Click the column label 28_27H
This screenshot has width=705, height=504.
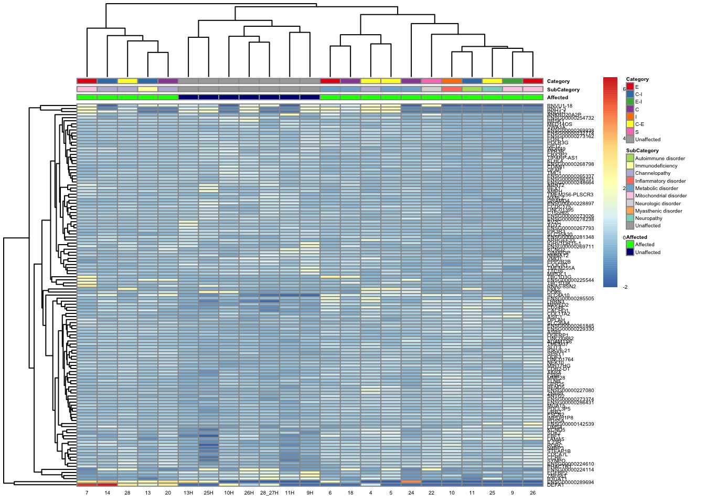[269, 493]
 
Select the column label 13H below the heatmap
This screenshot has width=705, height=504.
[188, 493]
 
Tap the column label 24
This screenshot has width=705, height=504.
[411, 493]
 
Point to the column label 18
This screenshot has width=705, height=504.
[350, 493]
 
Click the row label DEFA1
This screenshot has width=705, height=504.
[556, 485]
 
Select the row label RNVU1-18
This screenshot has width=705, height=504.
[560, 106]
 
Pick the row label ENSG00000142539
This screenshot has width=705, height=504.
[571, 424]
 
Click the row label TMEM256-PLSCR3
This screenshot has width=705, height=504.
[570, 195]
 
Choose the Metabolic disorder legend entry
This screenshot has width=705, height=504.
[656, 188]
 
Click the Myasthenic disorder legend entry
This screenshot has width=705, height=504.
[658, 211]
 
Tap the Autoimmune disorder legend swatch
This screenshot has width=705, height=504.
[630, 158]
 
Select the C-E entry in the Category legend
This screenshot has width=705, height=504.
[639, 124]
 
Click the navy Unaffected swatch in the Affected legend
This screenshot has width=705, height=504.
[630, 252]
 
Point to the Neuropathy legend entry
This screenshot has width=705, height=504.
[648, 218]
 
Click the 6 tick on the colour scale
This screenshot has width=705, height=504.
[624, 89]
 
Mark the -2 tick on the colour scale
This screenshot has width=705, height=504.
[625, 287]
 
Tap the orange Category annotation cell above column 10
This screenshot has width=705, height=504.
[452, 81]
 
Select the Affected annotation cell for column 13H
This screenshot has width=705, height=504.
[188, 97]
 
